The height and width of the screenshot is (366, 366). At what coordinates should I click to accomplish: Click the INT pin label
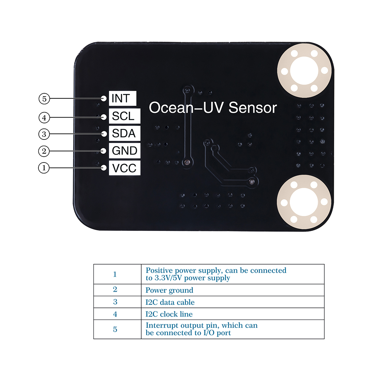pos(123,98)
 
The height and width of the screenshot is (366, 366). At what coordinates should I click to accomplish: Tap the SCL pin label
pos(125,116)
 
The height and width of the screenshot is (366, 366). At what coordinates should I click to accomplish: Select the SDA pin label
pos(125,133)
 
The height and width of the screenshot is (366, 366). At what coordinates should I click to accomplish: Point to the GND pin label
pos(125,150)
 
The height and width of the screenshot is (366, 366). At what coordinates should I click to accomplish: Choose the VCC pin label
pos(125,168)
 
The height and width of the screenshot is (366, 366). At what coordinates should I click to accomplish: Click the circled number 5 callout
pos(44,99)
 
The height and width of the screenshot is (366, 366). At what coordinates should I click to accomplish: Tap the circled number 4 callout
pos(44,117)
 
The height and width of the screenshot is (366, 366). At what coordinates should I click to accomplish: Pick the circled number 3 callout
pos(44,134)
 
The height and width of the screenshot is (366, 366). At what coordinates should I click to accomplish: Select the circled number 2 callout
pos(44,151)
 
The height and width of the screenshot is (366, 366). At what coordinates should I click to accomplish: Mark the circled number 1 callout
pos(44,168)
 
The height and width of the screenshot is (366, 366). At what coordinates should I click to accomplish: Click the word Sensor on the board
pos(253,108)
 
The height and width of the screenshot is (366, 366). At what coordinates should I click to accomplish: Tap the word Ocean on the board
pos(171,108)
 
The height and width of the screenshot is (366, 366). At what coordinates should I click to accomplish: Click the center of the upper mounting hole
pos(304,71)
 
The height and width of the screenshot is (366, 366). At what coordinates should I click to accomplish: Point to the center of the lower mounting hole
pos(304,202)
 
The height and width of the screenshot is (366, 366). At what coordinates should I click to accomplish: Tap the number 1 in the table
pos(115,274)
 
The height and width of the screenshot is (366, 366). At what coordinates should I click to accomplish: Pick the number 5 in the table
pos(115,329)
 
